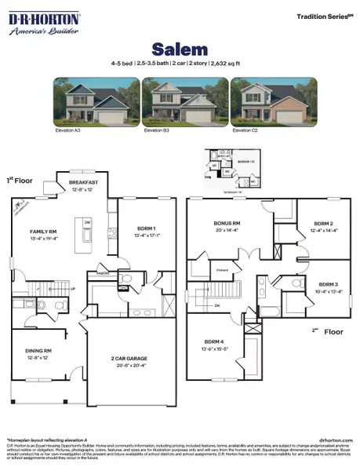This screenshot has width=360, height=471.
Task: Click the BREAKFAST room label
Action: [83, 181]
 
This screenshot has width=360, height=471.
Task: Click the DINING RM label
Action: [38, 350]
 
